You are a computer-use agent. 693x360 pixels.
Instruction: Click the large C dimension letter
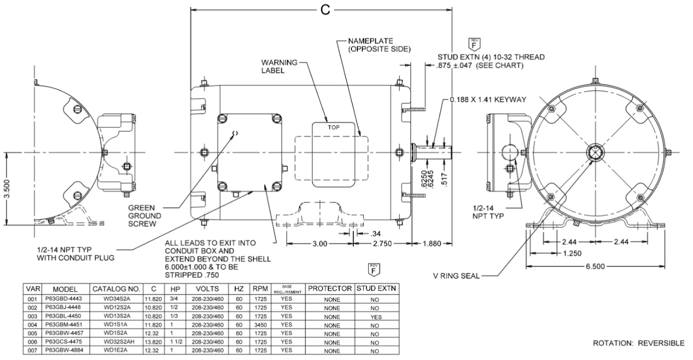click(x=324, y=11)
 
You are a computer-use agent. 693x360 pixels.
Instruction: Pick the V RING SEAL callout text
click(x=455, y=276)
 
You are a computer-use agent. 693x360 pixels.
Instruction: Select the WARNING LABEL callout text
click(x=279, y=67)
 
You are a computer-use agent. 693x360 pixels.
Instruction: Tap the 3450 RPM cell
click(x=257, y=325)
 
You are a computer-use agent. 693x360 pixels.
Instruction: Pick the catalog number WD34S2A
click(x=116, y=299)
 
